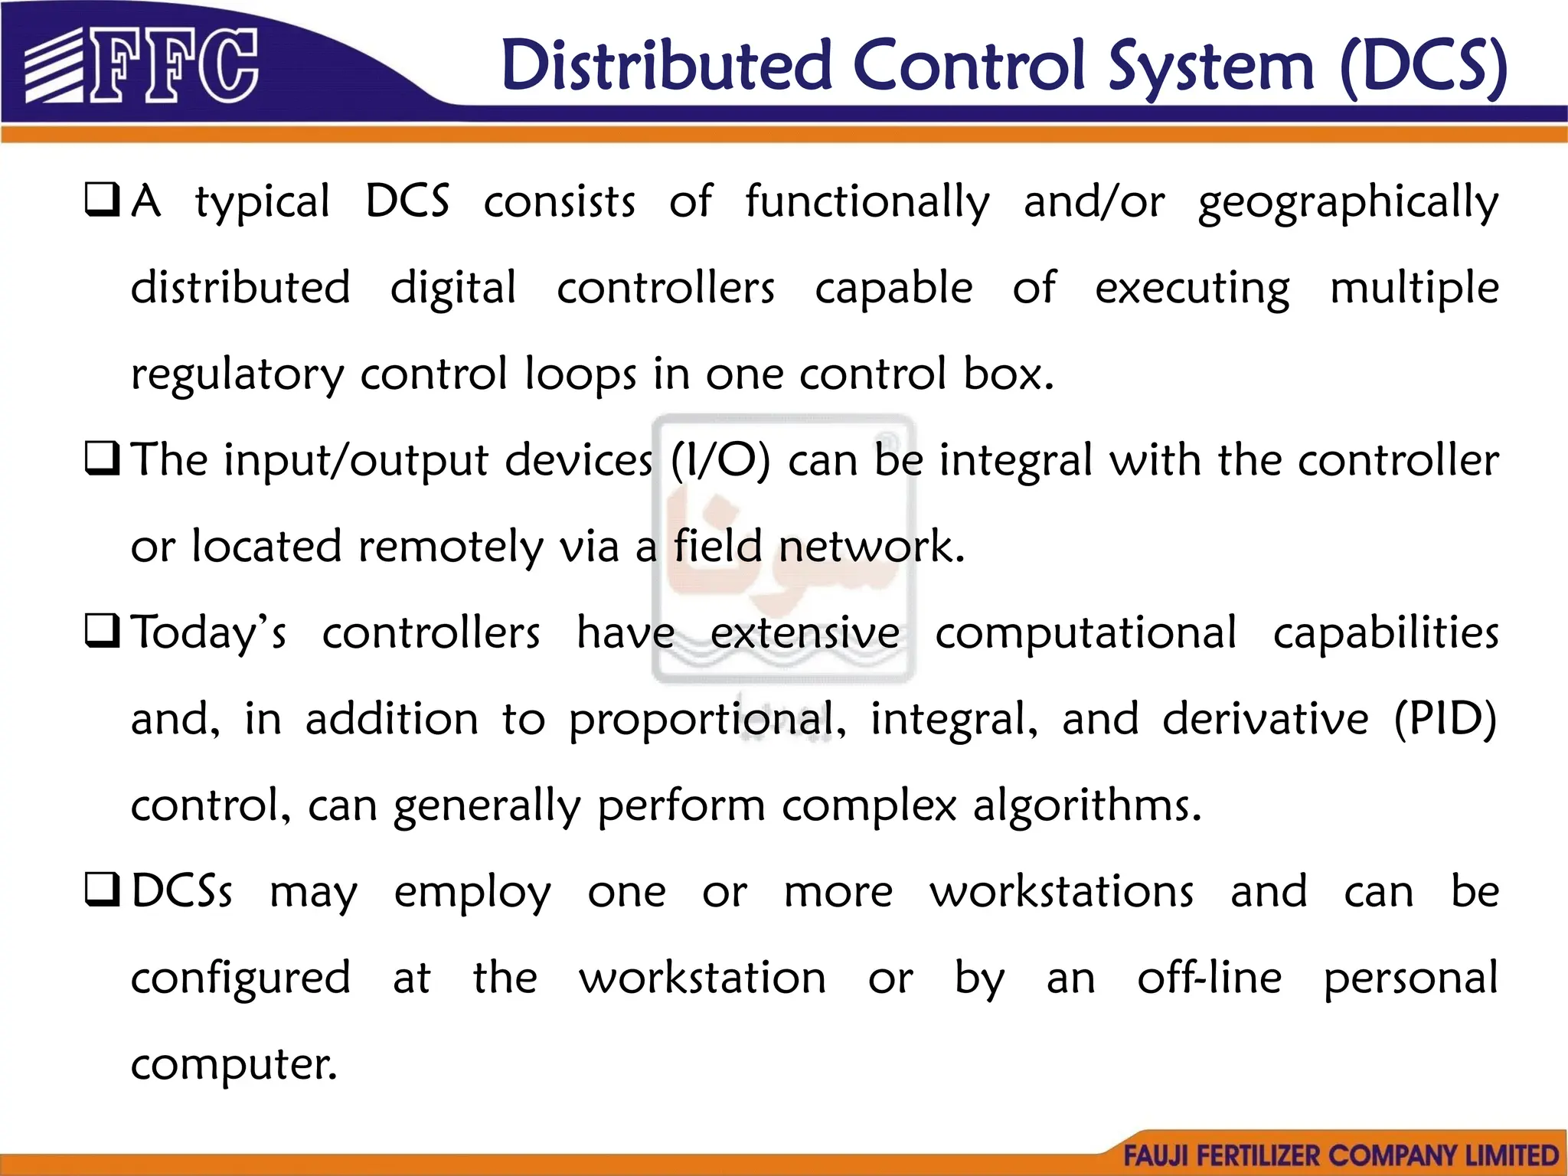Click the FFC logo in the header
click(x=142, y=66)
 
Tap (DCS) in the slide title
click(x=1424, y=67)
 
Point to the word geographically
click(x=1347, y=202)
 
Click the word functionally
click(x=867, y=202)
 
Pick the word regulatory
click(x=237, y=375)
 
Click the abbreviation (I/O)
click(x=720, y=461)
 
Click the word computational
click(x=1086, y=634)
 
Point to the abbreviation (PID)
click(x=1444, y=720)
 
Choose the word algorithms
click(x=1087, y=807)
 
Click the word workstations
click(x=1061, y=892)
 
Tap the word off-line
click(x=1209, y=978)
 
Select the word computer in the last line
click(x=234, y=1064)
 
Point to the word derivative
click(x=1265, y=720)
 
